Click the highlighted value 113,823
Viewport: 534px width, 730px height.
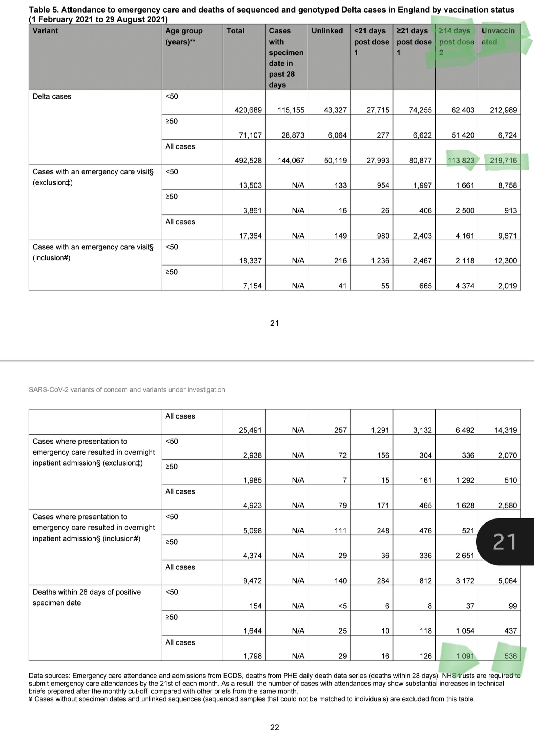click(x=461, y=160)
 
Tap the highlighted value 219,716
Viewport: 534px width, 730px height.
click(x=503, y=160)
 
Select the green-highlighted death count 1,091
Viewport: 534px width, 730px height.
click(x=465, y=656)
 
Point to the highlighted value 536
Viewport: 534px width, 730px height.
click(x=511, y=656)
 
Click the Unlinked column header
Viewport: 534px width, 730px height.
click(x=327, y=31)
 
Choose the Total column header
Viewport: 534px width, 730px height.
click(x=235, y=31)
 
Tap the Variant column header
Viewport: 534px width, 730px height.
click(x=45, y=31)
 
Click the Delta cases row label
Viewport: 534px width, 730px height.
click(x=52, y=96)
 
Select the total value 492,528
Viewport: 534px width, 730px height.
click(x=248, y=160)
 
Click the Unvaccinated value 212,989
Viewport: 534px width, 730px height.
click(x=503, y=110)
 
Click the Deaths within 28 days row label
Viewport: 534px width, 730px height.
click(x=87, y=597)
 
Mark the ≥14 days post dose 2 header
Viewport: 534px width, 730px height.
click(x=456, y=41)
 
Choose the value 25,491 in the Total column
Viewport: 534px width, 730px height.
click(x=250, y=430)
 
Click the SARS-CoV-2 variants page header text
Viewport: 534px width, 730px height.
click(x=127, y=389)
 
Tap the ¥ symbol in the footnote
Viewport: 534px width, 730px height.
click(x=31, y=699)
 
